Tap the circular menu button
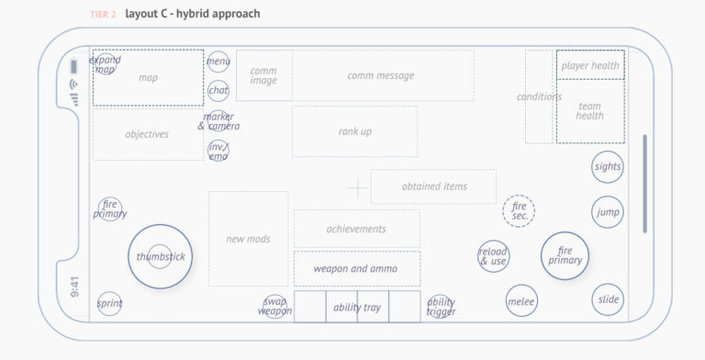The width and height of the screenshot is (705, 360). click(x=218, y=62)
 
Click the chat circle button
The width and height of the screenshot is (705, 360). click(x=218, y=90)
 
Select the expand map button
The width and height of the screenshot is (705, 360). click(x=106, y=64)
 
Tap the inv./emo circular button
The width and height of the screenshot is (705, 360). click(x=218, y=152)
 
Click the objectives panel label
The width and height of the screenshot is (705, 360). click(x=147, y=134)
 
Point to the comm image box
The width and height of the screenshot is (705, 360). click(x=263, y=75)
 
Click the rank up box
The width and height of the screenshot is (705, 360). click(x=354, y=131)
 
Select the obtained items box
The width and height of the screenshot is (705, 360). click(x=433, y=186)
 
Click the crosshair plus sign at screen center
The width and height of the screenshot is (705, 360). click(x=357, y=188)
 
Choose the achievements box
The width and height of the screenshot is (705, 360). click(x=356, y=229)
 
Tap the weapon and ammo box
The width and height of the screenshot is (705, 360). click(x=356, y=268)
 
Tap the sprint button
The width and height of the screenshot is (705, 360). click(x=109, y=303)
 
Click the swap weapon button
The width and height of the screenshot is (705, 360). click(x=275, y=307)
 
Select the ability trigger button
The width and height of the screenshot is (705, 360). click(x=441, y=307)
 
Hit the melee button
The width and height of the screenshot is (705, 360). click(x=521, y=300)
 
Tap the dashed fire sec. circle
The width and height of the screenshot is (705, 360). click(x=519, y=211)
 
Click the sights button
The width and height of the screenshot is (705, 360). click(x=607, y=166)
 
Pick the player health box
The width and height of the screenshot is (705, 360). click(x=590, y=65)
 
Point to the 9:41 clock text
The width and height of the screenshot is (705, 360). click(x=74, y=287)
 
